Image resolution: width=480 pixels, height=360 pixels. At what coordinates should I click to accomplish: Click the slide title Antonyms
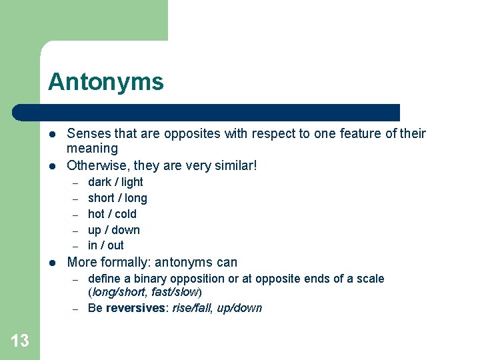click(105, 82)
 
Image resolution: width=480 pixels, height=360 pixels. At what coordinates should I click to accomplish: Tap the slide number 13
click(20, 341)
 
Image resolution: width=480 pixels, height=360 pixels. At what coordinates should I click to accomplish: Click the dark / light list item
click(115, 182)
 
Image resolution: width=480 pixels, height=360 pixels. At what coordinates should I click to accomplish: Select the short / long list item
click(117, 198)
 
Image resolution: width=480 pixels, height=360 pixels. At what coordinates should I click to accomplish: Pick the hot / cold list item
click(112, 214)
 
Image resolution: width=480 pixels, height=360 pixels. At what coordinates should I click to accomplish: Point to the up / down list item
click(114, 230)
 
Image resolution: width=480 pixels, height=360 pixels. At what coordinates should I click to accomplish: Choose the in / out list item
click(106, 245)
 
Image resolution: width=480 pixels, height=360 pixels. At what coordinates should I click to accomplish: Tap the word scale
click(370, 279)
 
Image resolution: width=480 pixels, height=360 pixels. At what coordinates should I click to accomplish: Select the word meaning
click(92, 148)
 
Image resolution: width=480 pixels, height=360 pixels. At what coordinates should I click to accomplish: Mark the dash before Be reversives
click(76, 309)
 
